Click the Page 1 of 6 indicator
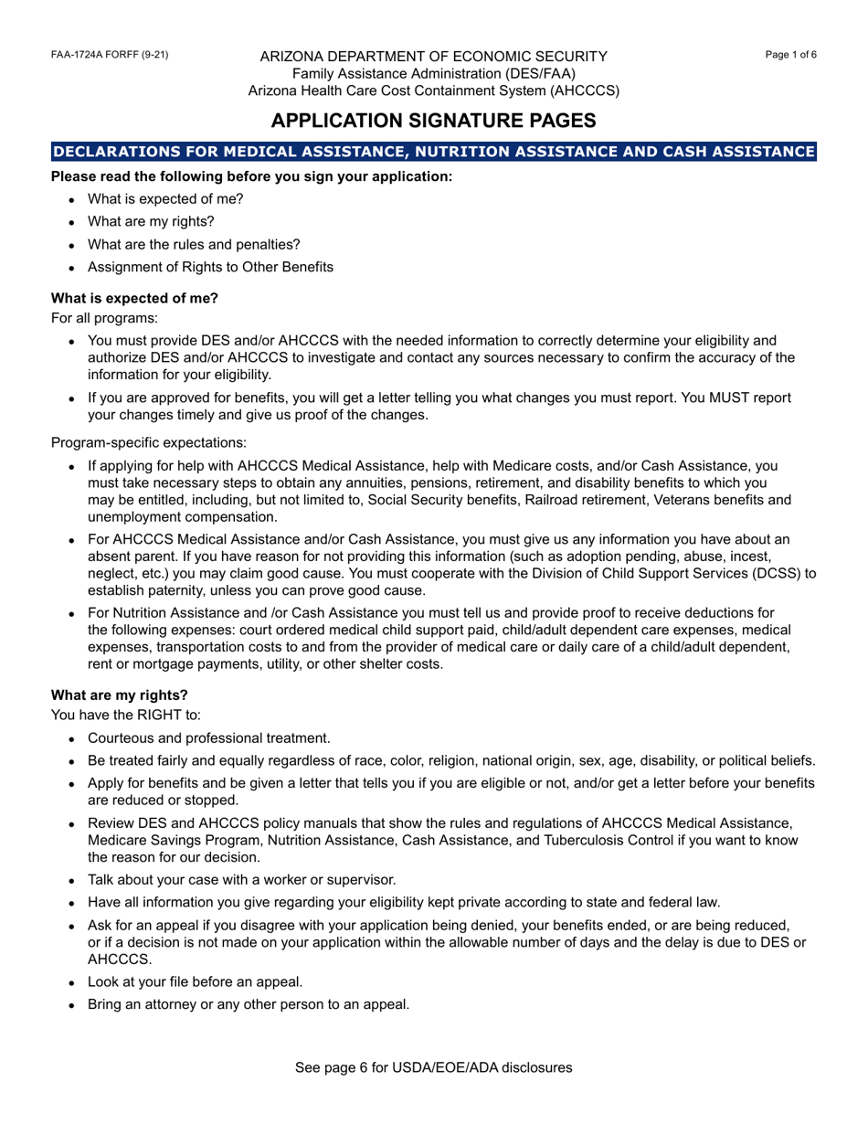[x=791, y=55]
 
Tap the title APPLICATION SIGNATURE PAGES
[x=434, y=121]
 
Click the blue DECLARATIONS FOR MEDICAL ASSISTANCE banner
[x=434, y=152]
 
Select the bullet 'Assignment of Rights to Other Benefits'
[x=210, y=268]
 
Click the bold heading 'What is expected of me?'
[x=135, y=298]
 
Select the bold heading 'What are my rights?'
[x=120, y=695]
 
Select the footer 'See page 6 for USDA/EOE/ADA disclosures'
[x=434, y=1067]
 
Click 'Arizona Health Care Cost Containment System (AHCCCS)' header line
[x=434, y=91]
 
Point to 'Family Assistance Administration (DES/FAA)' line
[x=434, y=73]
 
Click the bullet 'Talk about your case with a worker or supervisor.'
[x=241, y=880]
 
